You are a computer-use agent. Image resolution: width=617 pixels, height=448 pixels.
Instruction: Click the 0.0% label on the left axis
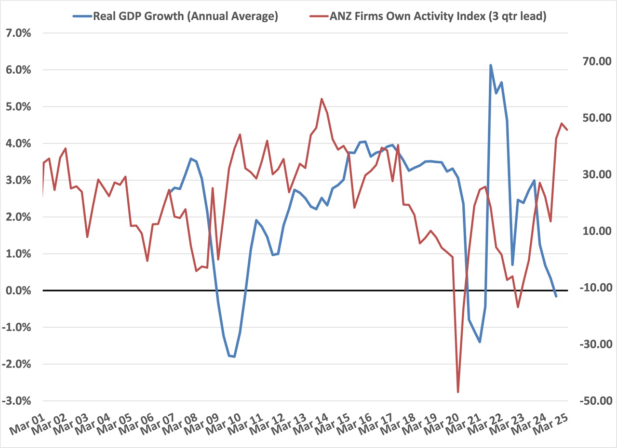[x=19, y=290]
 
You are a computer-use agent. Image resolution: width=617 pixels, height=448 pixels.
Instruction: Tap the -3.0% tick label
[x=17, y=401]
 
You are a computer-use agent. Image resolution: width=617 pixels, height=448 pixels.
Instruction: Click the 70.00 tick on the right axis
[x=591, y=61]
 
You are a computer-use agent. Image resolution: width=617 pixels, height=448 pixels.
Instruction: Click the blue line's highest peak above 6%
[x=491, y=65]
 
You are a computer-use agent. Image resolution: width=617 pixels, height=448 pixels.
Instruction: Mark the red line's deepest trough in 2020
[x=458, y=392]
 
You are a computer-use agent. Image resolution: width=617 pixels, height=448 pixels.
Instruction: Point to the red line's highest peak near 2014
[x=322, y=99]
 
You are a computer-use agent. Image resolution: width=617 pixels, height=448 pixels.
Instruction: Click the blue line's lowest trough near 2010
[x=234, y=356]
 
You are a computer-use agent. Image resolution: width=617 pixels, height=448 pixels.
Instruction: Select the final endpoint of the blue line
[x=556, y=296]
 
